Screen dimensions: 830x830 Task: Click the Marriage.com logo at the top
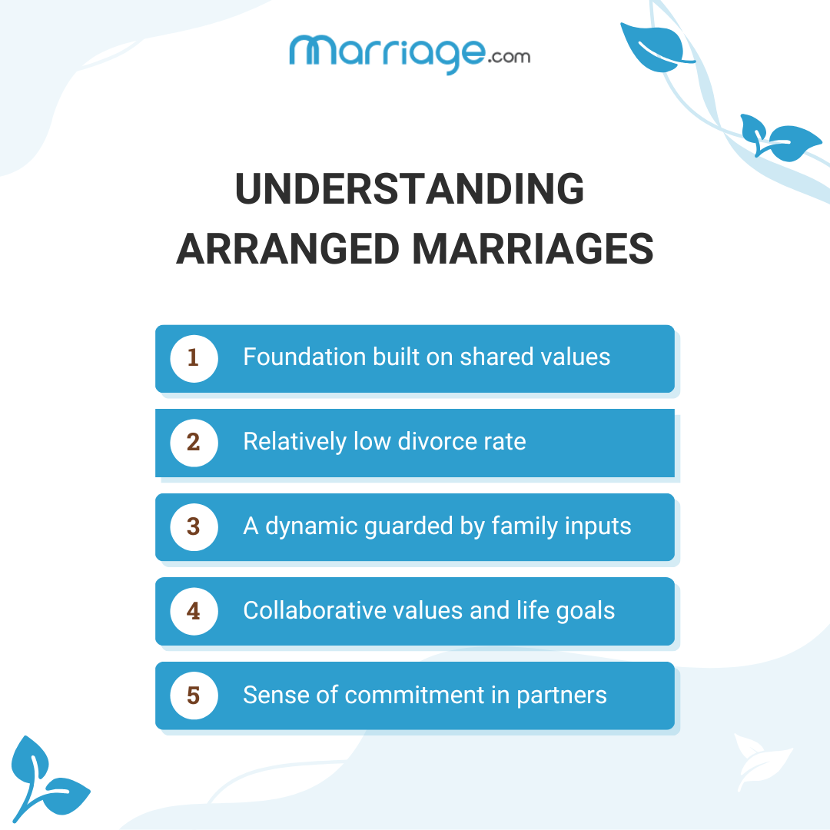[409, 52]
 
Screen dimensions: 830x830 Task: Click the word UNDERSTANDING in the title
[409, 189]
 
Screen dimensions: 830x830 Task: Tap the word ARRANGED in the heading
[288, 250]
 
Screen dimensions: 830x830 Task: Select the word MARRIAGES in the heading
[533, 250]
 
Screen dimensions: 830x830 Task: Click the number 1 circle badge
[194, 358]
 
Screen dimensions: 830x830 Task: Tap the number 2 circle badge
[194, 443]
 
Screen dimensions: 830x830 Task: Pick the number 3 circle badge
[194, 527]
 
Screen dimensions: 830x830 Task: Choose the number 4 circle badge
[194, 612]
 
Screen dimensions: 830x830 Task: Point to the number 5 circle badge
[194, 696]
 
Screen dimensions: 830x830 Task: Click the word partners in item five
[561, 696]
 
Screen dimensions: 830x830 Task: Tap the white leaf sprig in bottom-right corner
[762, 761]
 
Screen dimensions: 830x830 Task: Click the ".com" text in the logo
[509, 56]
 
